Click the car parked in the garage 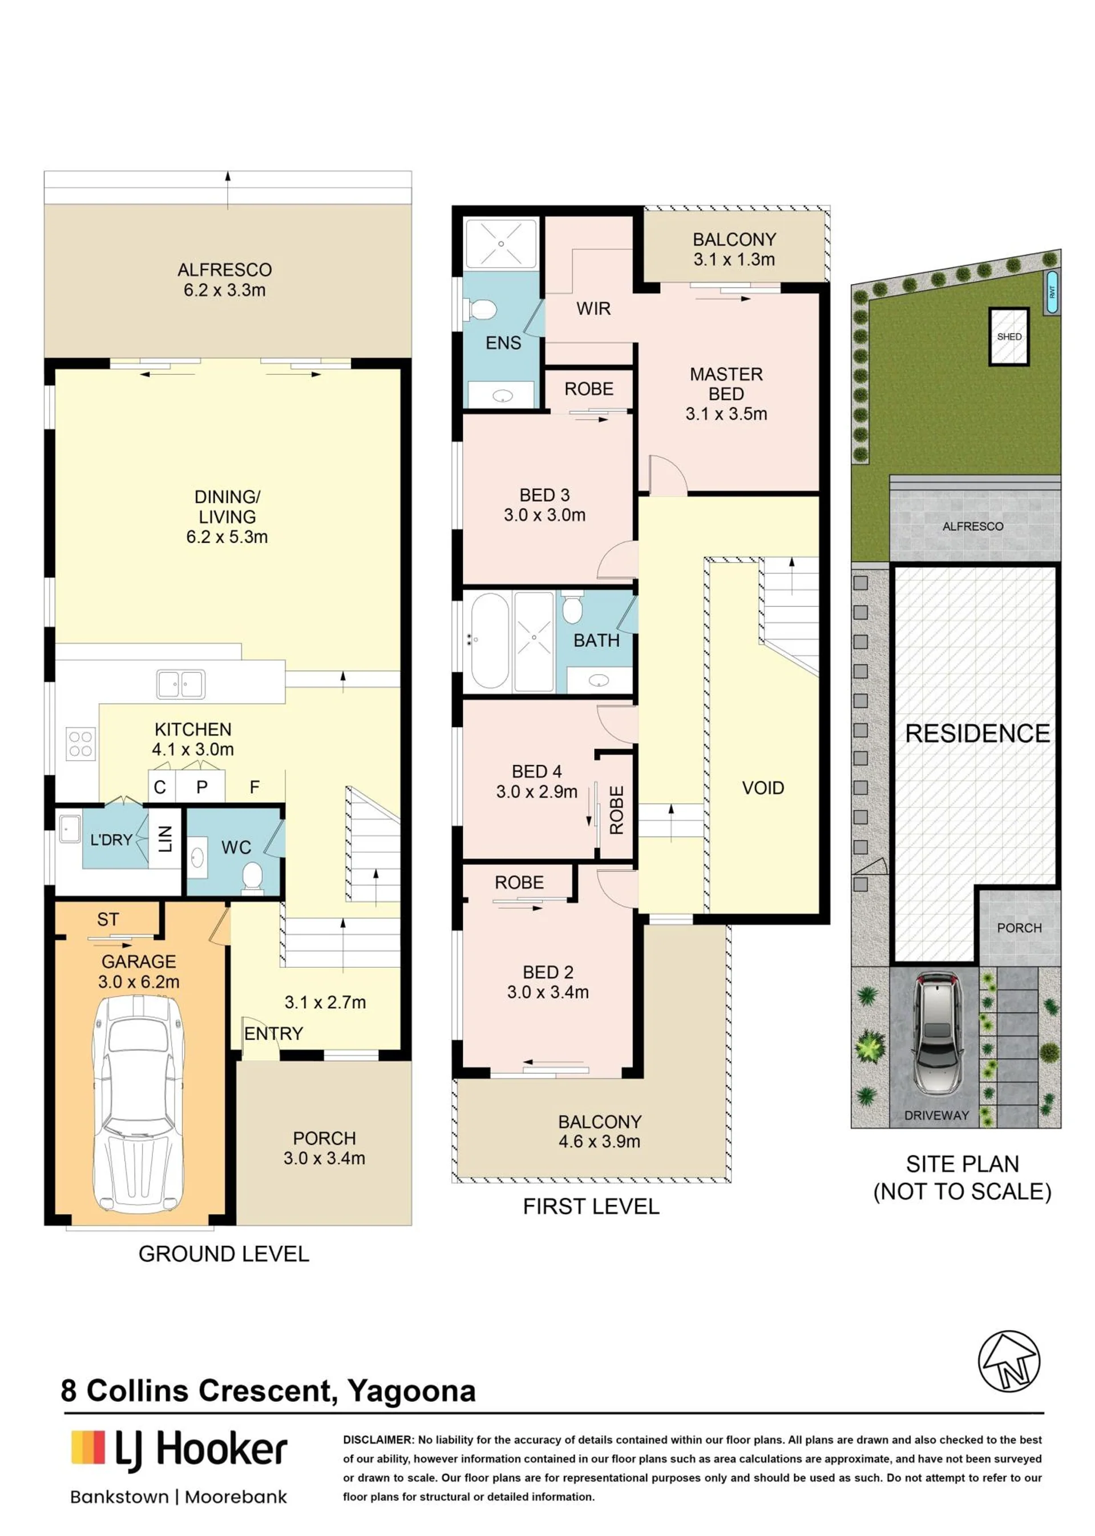(x=138, y=1104)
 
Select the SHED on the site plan (x=1009, y=337)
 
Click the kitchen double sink (x=181, y=684)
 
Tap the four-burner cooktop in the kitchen (x=80, y=743)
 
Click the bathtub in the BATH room (x=490, y=641)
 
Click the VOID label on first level (x=762, y=787)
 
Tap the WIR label (x=593, y=309)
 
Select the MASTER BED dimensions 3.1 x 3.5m (x=726, y=414)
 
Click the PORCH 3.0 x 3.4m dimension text (x=324, y=1158)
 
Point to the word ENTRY (x=274, y=1034)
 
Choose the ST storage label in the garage (x=108, y=919)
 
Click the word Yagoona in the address (x=411, y=1391)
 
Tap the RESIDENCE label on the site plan (x=977, y=734)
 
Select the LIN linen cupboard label (x=165, y=839)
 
